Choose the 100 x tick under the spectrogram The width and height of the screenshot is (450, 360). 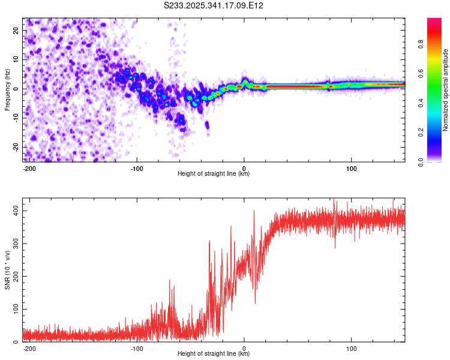pyautogui.click(x=351, y=168)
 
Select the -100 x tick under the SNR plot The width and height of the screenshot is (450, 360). pyautogui.click(x=136, y=347)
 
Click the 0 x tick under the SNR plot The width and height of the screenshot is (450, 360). pyautogui.click(x=244, y=347)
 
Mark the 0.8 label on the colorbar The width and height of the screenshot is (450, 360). pyautogui.click(x=421, y=44)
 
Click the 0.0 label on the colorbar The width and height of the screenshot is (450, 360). pyautogui.click(x=421, y=161)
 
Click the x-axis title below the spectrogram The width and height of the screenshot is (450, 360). pyautogui.click(x=214, y=174)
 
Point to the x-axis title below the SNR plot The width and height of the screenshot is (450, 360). pyautogui.click(x=214, y=354)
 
